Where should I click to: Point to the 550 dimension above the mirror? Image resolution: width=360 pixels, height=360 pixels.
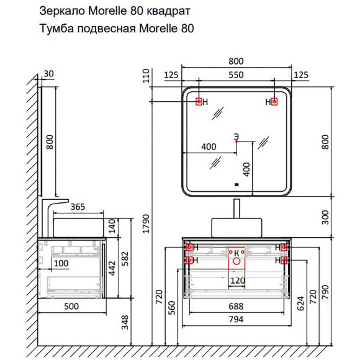tap(236, 75)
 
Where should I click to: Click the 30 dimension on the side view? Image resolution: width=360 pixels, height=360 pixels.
tap(50, 74)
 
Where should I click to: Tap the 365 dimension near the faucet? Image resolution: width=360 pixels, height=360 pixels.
tap(78, 208)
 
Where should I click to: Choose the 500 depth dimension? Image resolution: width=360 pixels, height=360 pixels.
tap(70, 306)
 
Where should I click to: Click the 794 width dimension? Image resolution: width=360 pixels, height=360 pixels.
tap(236, 320)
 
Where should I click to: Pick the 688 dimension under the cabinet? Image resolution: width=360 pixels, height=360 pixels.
tap(236, 307)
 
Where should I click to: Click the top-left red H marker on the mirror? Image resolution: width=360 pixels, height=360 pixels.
tap(199, 102)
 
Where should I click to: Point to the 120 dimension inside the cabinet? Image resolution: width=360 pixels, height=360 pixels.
tap(236, 280)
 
